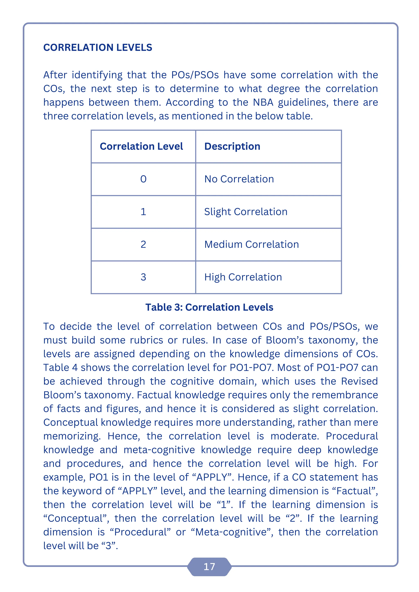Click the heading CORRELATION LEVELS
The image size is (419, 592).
(98, 47)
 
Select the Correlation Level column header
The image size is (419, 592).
(141, 146)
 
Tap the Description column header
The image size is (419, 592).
(232, 146)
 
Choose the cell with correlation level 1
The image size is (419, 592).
(143, 212)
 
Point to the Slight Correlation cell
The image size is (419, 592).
(246, 212)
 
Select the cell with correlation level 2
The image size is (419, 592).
(143, 244)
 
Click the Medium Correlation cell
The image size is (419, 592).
(252, 244)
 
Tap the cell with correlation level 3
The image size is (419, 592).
(143, 277)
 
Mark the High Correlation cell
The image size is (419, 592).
(243, 277)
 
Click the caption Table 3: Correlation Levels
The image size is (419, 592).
(209, 307)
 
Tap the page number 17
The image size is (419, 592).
(209, 567)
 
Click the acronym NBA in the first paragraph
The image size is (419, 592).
(263, 102)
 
